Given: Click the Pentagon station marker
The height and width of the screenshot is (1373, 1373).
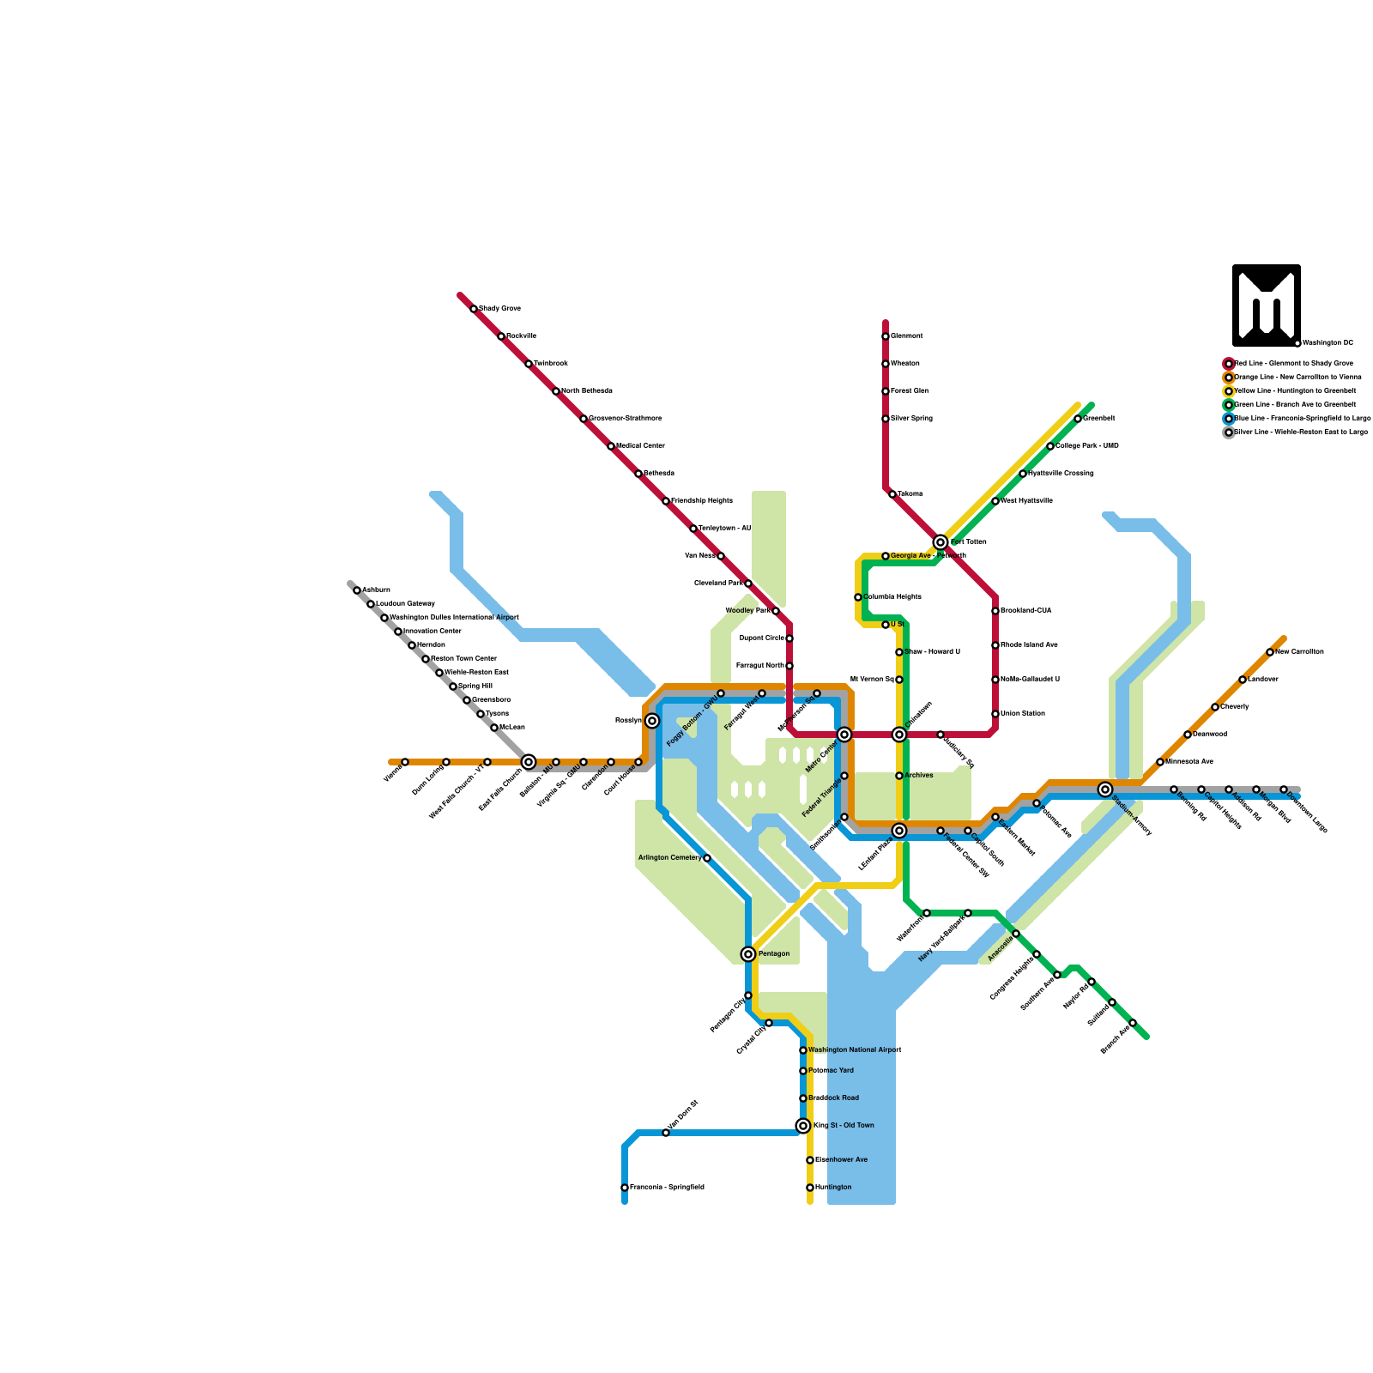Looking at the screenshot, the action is pyautogui.click(x=748, y=954).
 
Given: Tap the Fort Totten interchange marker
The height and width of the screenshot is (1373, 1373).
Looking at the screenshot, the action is pyautogui.click(x=941, y=542).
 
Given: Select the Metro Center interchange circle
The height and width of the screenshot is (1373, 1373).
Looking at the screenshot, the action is pyautogui.click(x=844, y=735).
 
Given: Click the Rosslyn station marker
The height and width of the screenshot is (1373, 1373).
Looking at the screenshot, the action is pyautogui.click(x=652, y=721).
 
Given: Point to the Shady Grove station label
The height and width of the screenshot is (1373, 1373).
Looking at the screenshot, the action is pyautogui.click(x=499, y=308).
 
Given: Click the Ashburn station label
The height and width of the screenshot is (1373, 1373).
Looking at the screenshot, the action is pyautogui.click(x=376, y=590).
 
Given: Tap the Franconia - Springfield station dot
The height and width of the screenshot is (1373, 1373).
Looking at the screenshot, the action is pyautogui.click(x=625, y=1188).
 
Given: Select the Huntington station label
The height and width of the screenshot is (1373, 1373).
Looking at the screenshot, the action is pyautogui.click(x=833, y=1187).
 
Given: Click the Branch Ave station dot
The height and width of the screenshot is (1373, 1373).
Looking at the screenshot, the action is pyautogui.click(x=1133, y=1023).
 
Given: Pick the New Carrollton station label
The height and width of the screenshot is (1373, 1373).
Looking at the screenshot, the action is pyautogui.click(x=1299, y=651).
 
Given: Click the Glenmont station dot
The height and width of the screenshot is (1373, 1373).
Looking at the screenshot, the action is pyautogui.click(x=886, y=336).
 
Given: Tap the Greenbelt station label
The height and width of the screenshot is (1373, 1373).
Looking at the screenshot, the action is pyautogui.click(x=1099, y=418).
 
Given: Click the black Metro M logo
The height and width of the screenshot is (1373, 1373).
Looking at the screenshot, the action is pyautogui.click(x=1267, y=305).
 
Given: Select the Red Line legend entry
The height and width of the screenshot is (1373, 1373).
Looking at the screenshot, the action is pyautogui.click(x=1293, y=363).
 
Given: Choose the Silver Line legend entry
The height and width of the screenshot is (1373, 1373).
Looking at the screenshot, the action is pyautogui.click(x=1300, y=432).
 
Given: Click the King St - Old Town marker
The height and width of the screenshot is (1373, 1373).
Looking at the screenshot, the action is pyautogui.click(x=803, y=1126).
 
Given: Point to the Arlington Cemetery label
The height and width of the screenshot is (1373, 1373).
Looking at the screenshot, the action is pyautogui.click(x=669, y=857).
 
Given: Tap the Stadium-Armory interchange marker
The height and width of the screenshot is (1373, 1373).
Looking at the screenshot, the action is pyautogui.click(x=1105, y=789).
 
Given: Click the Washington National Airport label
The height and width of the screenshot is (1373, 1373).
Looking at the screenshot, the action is pyautogui.click(x=855, y=1049).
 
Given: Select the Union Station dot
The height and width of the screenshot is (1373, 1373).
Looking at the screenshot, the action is pyautogui.click(x=995, y=714).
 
